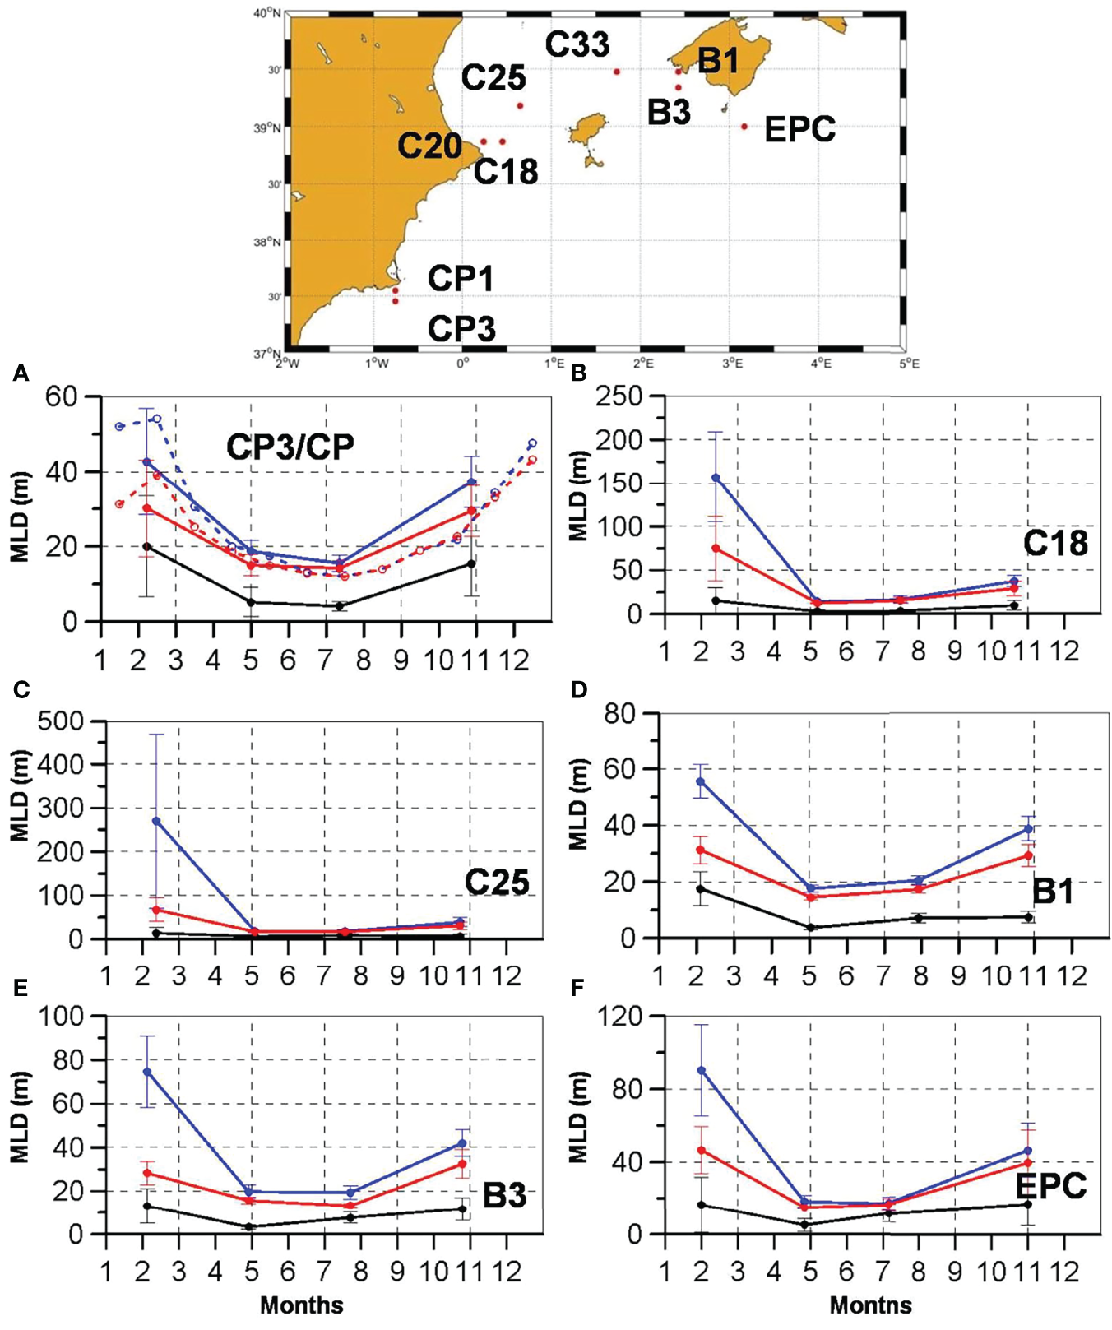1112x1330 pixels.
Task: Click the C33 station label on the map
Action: pos(578,44)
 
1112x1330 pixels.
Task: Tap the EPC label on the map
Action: pos(799,129)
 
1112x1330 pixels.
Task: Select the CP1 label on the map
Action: pos(461,279)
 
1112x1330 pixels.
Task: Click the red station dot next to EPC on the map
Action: pos(744,127)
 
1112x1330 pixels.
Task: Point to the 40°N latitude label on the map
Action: pos(265,14)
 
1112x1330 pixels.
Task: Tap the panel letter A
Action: pos(21,375)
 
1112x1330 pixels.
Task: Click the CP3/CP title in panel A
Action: pos(290,446)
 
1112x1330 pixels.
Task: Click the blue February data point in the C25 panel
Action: pos(156,821)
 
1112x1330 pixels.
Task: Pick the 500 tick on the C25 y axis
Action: pos(66,721)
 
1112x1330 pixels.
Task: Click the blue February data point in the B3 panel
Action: pos(146,1072)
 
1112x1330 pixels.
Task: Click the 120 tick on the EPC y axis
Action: pos(623,1017)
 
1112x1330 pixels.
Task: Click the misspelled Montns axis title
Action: pos(870,1305)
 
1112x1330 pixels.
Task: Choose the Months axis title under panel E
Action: pos(302,1305)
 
